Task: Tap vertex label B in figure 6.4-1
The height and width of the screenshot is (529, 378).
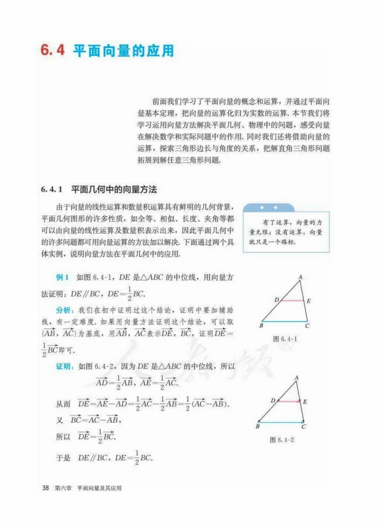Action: (x=261, y=326)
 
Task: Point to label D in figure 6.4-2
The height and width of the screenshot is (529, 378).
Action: (x=272, y=400)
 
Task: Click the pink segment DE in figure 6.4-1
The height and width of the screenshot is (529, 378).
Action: (x=291, y=300)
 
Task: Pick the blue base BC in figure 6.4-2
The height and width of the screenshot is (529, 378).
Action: (x=281, y=421)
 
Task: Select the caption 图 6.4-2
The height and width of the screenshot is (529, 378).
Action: (x=282, y=439)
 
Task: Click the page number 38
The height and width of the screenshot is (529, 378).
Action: (x=46, y=488)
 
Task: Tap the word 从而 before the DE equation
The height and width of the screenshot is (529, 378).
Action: (x=63, y=404)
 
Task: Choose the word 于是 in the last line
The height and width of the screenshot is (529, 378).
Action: (x=63, y=458)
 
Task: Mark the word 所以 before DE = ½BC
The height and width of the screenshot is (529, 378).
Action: (x=63, y=437)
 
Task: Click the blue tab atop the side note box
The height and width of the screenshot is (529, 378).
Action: (x=268, y=208)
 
